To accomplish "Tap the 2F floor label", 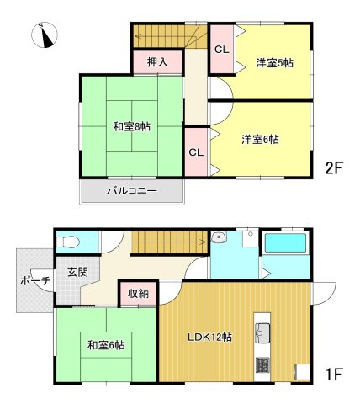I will click(335, 167).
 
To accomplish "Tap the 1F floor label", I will click(335, 371).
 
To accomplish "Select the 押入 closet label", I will click(157, 61).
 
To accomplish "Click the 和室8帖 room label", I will click(132, 127).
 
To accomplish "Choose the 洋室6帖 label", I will click(260, 139).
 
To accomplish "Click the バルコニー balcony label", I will click(131, 191).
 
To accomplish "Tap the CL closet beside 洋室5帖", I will click(221, 50).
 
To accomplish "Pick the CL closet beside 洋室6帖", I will click(196, 152).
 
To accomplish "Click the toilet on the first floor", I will click(69, 242).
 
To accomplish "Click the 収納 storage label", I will click(138, 293).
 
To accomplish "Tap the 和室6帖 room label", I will click(105, 344).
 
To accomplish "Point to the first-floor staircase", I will click(168, 242).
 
